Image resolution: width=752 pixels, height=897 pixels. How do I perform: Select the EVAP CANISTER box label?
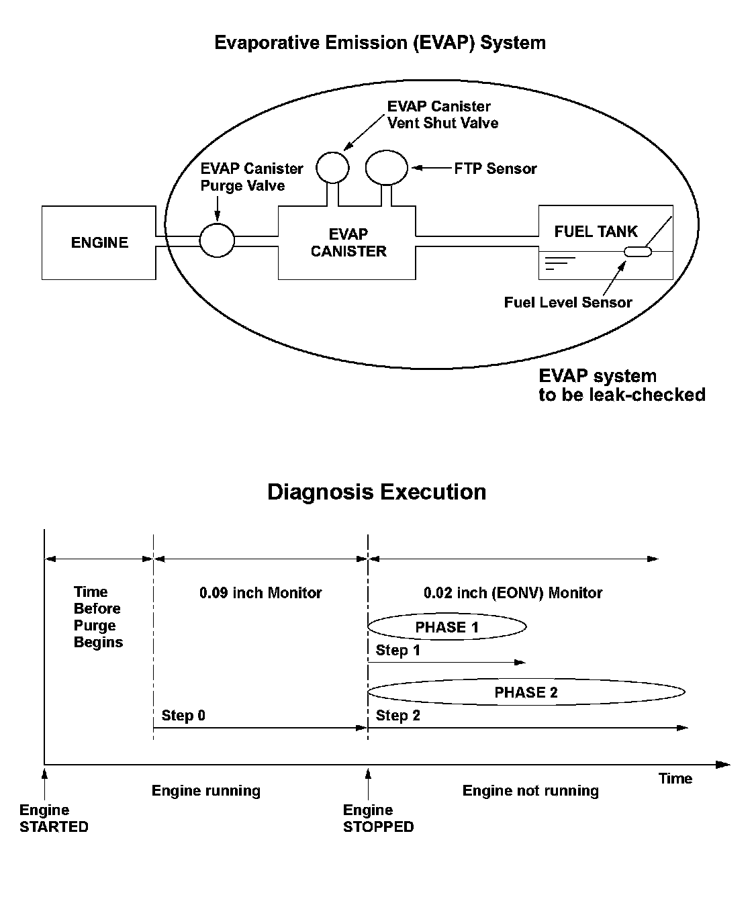pos(348,243)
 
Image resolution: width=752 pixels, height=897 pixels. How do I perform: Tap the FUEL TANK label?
pos(596,232)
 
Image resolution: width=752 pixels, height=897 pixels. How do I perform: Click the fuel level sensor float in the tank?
pos(638,252)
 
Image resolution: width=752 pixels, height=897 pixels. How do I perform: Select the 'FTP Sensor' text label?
pos(496,169)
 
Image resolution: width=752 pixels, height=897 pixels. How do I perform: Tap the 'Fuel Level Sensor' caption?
pos(568,302)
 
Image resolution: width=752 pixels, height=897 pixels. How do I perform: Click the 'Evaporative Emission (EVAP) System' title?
pos(380,43)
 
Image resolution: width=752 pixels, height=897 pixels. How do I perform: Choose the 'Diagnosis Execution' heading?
pos(377,492)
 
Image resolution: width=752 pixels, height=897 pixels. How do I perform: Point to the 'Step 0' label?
pos(183,715)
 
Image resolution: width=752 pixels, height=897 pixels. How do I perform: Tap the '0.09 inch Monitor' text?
pos(261,593)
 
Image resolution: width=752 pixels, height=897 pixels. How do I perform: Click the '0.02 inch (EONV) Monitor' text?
pos(513,593)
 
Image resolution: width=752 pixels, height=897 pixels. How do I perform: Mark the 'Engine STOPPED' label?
pos(378,818)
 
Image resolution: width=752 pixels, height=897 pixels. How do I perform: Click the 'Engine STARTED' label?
pos(54,818)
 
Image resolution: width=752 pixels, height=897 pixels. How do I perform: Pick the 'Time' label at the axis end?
pos(675,778)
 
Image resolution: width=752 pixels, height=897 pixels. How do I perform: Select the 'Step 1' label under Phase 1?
pos(397,650)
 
